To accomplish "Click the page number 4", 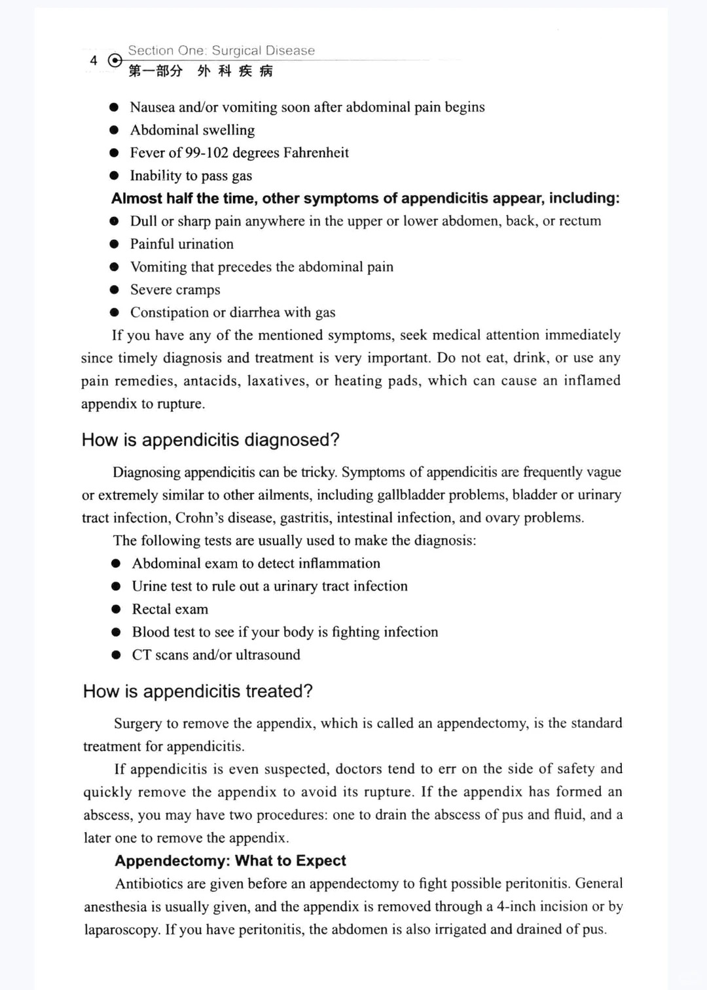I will tap(94, 61).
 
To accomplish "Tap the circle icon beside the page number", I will tap(115, 61).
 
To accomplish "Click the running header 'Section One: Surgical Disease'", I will tap(221, 50).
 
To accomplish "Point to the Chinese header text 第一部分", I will tap(155, 71).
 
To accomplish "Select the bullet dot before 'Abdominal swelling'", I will tap(115, 130).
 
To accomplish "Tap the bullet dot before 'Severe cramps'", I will tap(115, 290).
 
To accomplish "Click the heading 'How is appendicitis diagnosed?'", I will tap(211, 440).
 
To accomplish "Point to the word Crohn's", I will tap(200, 518).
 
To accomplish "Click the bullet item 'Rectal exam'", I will tap(170, 609).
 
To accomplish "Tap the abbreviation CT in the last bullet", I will tap(141, 655).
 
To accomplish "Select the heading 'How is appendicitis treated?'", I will tap(198, 691).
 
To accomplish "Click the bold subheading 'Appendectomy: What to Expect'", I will tap(230, 861).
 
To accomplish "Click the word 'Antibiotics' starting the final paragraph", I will tap(149, 884).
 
